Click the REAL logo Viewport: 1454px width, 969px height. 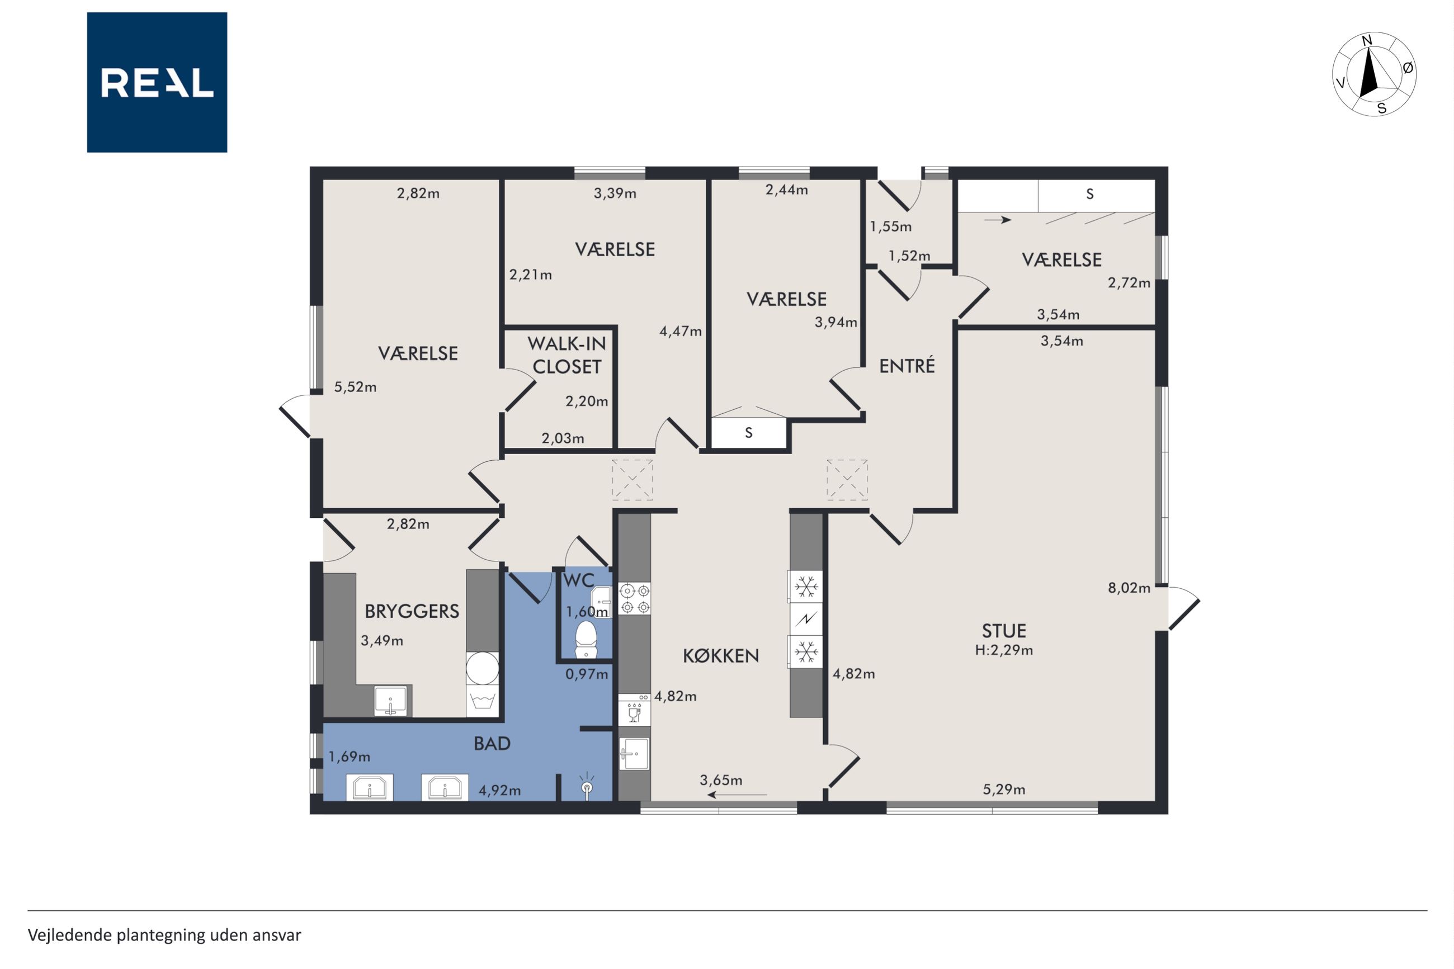pyautogui.click(x=157, y=82)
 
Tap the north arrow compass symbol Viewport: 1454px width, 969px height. pyautogui.click(x=1374, y=74)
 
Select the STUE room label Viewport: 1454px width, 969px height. pyautogui.click(x=1004, y=631)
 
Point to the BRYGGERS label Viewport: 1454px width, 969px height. pyautogui.click(x=412, y=611)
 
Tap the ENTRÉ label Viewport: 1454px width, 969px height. pyautogui.click(x=907, y=366)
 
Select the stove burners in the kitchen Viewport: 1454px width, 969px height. pyautogui.click(x=635, y=598)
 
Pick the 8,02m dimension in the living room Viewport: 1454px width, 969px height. pyautogui.click(x=1129, y=588)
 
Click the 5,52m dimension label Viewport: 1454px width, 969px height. pyautogui.click(x=355, y=387)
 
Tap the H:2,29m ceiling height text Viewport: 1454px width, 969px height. pyautogui.click(x=1004, y=650)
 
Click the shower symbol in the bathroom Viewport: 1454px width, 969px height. pyautogui.click(x=587, y=786)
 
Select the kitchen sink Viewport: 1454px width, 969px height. pyautogui.click(x=634, y=753)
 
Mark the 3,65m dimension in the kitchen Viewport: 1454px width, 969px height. pyautogui.click(x=721, y=780)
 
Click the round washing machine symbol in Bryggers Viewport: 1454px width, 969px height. pyautogui.click(x=482, y=668)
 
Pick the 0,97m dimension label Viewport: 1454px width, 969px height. pyautogui.click(x=587, y=674)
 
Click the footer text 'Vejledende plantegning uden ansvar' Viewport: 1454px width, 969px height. pyautogui.click(x=164, y=935)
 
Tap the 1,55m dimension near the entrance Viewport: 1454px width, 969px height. pyautogui.click(x=890, y=226)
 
